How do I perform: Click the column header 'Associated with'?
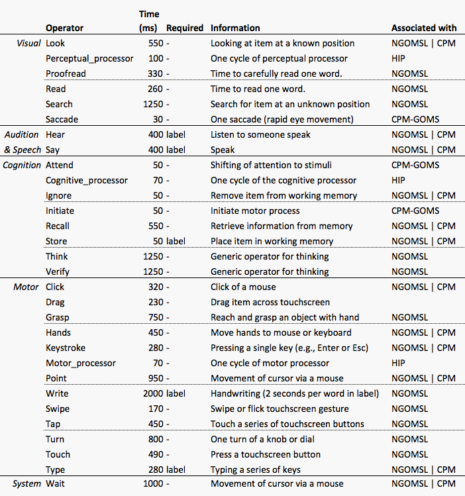click(x=424, y=28)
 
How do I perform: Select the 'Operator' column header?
click(x=64, y=28)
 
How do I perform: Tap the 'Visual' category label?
click(x=28, y=43)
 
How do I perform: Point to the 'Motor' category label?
click(x=26, y=287)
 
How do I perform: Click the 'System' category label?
click(x=26, y=483)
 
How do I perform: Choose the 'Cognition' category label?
click(x=22, y=166)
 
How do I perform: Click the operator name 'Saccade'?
click(x=62, y=120)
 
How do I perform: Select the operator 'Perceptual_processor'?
click(x=89, y=59)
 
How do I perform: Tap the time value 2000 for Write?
click(x=153, y=393)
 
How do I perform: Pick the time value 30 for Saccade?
click(x=158, y=120)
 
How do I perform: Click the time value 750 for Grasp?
click(x=156, y=317)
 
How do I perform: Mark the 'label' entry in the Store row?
click(x=176, y=241)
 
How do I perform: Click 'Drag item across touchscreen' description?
click(x=270, y=302)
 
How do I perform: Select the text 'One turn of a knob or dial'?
click(x=262, y=439)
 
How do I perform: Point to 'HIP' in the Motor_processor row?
click(x=398, y=363)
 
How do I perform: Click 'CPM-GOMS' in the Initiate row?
click(x=415, y=211)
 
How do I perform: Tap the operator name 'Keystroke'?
click(x=66, y=348)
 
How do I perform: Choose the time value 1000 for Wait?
click(x=153, y=483)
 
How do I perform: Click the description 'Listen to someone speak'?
click(x=260, y=134)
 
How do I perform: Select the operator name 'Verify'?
click(x=58, y=272)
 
